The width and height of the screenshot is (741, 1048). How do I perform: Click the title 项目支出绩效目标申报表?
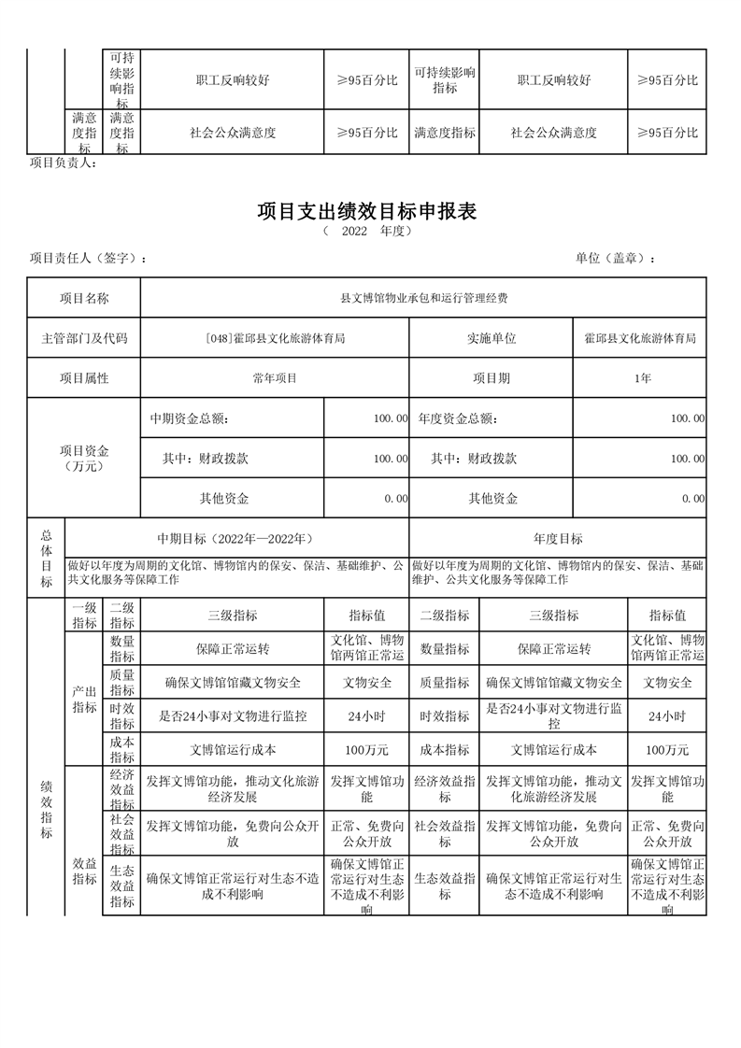pos(367,212)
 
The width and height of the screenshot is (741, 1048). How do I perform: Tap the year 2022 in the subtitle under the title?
pos(354,232)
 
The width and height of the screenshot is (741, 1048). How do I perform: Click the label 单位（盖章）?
pos(615,259)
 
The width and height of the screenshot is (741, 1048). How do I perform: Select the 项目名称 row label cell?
pos(84,299)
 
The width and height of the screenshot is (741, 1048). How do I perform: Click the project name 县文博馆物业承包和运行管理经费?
pos(423,299)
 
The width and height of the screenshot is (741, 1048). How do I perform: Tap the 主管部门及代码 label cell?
pos(84,338)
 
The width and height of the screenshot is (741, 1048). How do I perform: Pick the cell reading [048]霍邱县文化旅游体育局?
pos(274,338)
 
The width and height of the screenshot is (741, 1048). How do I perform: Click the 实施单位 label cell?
pos(492,338)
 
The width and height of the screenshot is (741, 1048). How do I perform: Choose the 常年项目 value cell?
pos(274,378)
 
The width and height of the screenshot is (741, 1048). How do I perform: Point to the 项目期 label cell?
pos(492,378)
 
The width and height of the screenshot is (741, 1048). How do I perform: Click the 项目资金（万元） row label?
pos(84,458)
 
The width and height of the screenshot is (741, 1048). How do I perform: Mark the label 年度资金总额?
pos(458,418)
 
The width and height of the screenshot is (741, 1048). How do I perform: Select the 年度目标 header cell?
pos(558,539)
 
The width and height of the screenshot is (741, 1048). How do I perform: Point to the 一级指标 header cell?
pos(84,615)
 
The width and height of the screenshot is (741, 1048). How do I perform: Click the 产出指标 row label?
pos(84,699)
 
